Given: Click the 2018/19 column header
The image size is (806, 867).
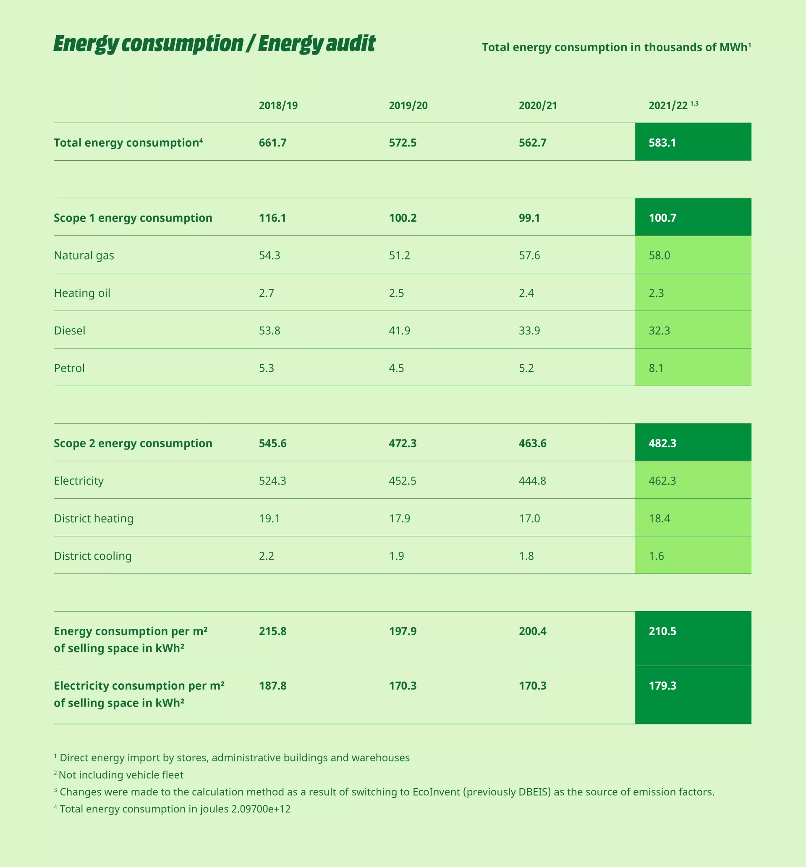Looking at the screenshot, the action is [278, 105].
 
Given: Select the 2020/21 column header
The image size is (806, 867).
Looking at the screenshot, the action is [538, 105].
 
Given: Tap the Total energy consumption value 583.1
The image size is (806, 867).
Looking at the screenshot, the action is [662, 143].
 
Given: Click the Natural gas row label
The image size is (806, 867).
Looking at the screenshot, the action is [84, 255].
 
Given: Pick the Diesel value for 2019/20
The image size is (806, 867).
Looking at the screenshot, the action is [400, 330].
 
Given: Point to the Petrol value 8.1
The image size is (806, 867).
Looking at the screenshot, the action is [656, 368].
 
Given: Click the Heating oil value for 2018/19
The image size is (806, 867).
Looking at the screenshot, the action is [267, 293].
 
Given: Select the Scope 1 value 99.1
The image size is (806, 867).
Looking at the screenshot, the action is [529, 218].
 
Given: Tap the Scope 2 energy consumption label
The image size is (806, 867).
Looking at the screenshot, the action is [133, 443].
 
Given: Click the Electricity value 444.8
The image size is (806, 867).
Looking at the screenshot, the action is [532, 480].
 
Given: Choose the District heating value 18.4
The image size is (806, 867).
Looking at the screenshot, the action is [659, 519].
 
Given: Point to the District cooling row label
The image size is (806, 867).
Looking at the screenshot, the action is [92, 556].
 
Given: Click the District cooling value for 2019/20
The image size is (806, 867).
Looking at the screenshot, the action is [396, 556].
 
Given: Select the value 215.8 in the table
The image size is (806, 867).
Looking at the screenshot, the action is [272, 631].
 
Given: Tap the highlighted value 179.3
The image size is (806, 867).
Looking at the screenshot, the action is [662, 686].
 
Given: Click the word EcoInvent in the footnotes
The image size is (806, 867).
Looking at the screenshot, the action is [436, 792].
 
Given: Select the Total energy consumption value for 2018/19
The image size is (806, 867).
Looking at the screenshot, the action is [272, 143].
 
